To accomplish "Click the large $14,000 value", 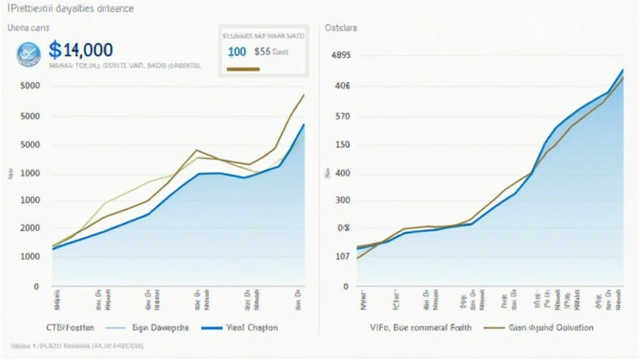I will coord(81,50).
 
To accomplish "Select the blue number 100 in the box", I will coord(237,52).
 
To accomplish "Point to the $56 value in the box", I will coord(262,52).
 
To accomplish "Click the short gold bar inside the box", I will coord(241,69).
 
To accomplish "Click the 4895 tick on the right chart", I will coord(341,55).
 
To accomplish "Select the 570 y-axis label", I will coord(342,116).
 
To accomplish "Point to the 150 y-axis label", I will coord(342,145).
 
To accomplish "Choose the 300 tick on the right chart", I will coord(342,201).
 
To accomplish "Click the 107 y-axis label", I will coord(342,256).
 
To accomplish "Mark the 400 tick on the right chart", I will coord(342,173).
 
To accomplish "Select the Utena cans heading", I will coord(29,28).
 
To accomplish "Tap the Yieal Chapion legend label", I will coord(252,327).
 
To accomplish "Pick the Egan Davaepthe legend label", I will coord(156,327).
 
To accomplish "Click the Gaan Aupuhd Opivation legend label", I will coord(550,327).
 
